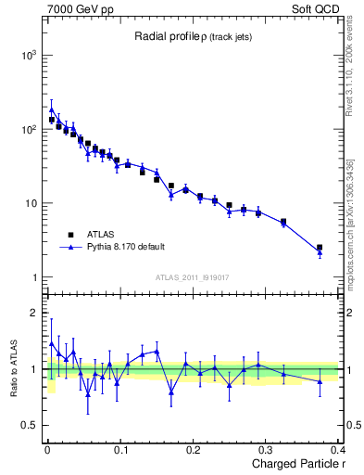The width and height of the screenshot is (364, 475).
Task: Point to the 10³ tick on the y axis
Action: coord(28,56)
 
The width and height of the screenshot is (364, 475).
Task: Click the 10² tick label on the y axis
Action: coord(28,130)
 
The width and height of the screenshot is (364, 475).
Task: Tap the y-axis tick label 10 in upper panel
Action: coord(30,204)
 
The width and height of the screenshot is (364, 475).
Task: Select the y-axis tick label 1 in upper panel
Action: coord(34,277)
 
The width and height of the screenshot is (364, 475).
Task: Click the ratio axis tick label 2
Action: coord(34,314)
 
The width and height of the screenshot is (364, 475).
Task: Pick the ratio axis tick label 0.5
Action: coord(29,426)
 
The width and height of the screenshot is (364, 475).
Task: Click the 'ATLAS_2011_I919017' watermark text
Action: coord(193,276)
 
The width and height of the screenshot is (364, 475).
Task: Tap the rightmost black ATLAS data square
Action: coord(320,248)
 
